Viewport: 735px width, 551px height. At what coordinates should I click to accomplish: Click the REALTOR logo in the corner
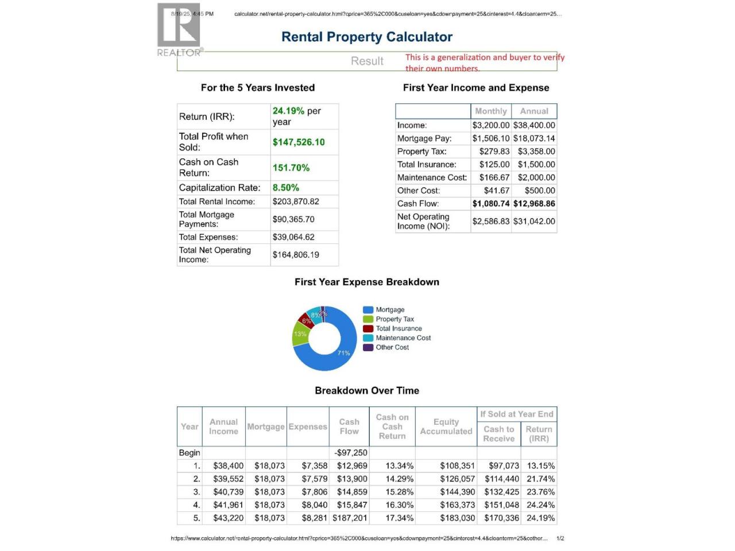click(179, 29)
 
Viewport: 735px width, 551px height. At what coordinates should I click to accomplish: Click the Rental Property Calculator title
click(367, 37)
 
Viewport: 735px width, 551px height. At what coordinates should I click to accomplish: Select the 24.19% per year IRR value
click(296, 116)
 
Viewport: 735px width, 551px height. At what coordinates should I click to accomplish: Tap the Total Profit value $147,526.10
click(299, 142)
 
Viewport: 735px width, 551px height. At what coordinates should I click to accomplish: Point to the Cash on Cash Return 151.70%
click(291, 168)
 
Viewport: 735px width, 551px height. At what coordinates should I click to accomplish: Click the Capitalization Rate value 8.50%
click(286, 188)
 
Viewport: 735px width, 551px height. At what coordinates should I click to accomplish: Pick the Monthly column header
click(491, 111)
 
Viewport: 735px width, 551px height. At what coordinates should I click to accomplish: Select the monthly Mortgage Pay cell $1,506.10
click(491, 138)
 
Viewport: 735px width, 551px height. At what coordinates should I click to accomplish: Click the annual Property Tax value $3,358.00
click(536, 152)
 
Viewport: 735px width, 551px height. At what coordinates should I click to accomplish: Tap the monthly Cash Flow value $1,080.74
click(491, 204)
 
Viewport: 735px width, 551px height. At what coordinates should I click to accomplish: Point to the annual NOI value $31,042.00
click(534, 222)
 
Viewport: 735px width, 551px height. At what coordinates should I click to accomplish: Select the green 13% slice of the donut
click(300, 335)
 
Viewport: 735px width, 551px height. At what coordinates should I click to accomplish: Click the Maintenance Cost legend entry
click(403, 338)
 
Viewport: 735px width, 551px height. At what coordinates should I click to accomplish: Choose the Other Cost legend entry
click(392, 347)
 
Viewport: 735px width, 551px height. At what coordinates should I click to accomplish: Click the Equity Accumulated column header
click(446, 426)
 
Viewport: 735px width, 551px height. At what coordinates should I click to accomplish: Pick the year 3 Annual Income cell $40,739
click(229, 492)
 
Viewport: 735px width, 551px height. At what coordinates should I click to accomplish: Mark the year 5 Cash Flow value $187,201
click(350, 518)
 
